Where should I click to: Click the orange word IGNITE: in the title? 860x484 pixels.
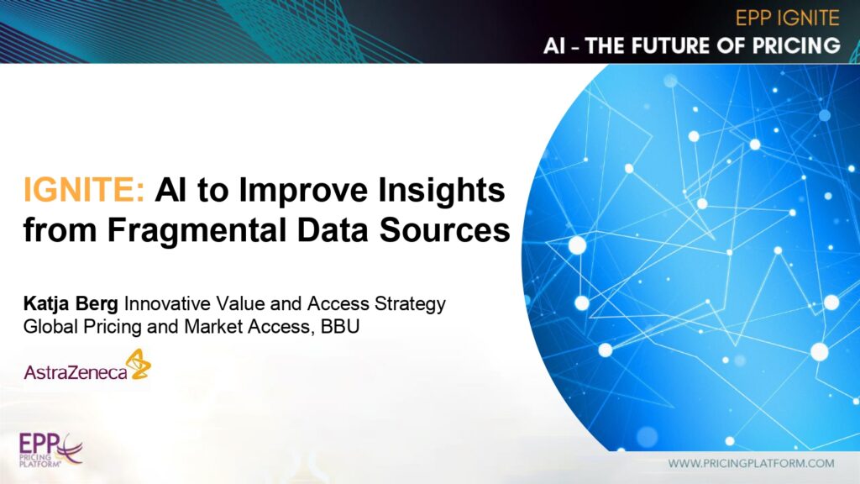pyautogui.click(x=84, y=190)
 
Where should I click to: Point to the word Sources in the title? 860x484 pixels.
pyautogui.click(x=445, y=230)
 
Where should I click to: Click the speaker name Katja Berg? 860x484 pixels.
pyautogui.click(x=71, y=303)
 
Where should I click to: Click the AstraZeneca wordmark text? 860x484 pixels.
pyautogui.click(x=75, y=372)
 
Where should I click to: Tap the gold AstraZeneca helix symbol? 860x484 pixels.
pyautogui.click(x=138, y=364)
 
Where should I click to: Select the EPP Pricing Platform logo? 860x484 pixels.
pyautogui.click(x=50, y=450)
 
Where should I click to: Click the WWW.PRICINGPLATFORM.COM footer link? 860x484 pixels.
pyautogui.click(x=751, y=464)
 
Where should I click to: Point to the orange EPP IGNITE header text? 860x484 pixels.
pyautogui.click(x=787, y=18)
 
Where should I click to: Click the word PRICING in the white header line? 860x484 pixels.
pyautogui.click(x=796, y=45)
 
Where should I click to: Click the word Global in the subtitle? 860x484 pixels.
pyautogui.click(x=50, y=327)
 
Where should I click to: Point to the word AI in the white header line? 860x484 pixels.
pyautogui.click(x=554, y=45)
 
